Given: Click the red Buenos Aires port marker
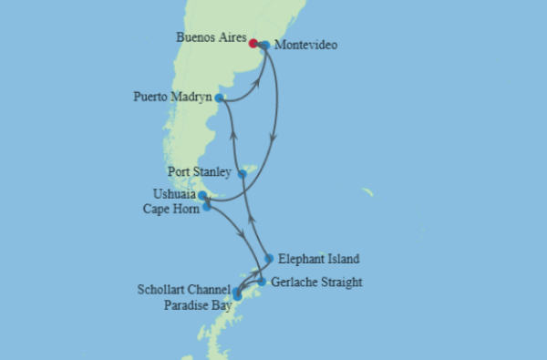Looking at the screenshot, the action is click(x=253, y=43).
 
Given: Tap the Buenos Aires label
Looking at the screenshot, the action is click(x=212, y=37).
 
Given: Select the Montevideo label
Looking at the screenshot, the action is click(x=305, y=45).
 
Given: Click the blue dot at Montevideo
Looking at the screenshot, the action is click(x=264, y=45).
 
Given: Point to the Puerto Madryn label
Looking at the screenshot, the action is click(x=172, y=97).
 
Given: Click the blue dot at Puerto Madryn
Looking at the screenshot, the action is click(x=220, y=97).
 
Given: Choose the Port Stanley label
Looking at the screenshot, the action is click(x=201, y=170).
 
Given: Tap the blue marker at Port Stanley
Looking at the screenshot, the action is click(x=242, y=173).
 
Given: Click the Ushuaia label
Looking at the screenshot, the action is click(x=174, y=194).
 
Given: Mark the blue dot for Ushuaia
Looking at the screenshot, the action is click(x=202, y=195).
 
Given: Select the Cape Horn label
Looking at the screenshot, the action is click(x=170, y=209).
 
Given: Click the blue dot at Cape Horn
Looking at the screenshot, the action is click(x=207, y=207).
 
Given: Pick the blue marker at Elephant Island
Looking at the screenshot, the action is click(x=268, y=258).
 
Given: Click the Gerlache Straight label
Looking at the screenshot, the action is click(x=316, y=282).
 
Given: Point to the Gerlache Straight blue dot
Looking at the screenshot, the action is click(x=262, y=282).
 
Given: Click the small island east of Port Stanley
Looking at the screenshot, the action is click(x=367, y=192).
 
